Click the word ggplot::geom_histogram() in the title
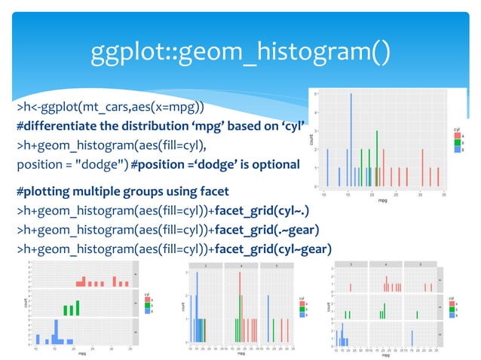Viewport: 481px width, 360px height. [240, 52]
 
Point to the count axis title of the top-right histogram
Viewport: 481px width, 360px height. [311, 140]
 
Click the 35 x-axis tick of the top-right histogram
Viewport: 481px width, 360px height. [445, 194]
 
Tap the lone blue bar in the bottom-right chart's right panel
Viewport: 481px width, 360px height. [412, 337]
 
